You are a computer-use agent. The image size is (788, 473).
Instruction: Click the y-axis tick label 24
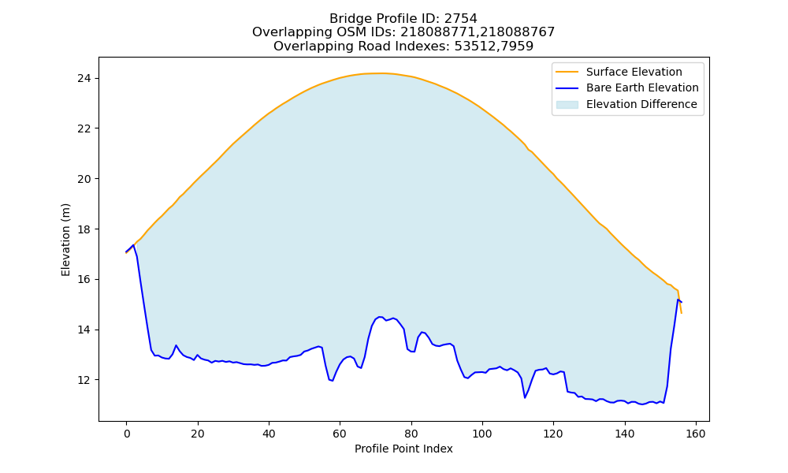click(x=84, y=78)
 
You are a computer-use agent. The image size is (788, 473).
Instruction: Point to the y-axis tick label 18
click(x=84, y=229)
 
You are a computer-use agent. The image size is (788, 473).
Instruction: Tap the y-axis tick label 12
click(x=84, y=380)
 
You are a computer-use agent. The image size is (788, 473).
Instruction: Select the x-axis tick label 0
click(x=127, y=434)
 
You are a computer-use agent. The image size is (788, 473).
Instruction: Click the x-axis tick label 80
click(x=411, y=434)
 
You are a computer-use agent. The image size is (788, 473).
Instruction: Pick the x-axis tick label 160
click(x=696, y=434)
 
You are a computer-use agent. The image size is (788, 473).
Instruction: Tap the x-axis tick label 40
click(x=269, y=434)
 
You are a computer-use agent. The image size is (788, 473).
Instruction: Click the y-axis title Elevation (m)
click(x=66, y=240)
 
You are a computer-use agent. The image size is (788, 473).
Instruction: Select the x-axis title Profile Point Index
click(x=403, y=449)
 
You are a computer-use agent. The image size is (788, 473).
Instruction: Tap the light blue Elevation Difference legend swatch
click(x=567, y=104)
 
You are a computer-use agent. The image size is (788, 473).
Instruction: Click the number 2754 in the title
click(x=461, y=19)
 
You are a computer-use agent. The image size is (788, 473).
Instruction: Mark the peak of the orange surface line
click(x=380, y=73)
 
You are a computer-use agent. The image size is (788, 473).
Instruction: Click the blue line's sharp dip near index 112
click(x=525, y=397)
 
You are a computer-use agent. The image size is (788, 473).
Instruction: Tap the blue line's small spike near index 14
click(x=176, y=345)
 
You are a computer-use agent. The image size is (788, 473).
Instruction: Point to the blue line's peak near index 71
click(x=380, y=317)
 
